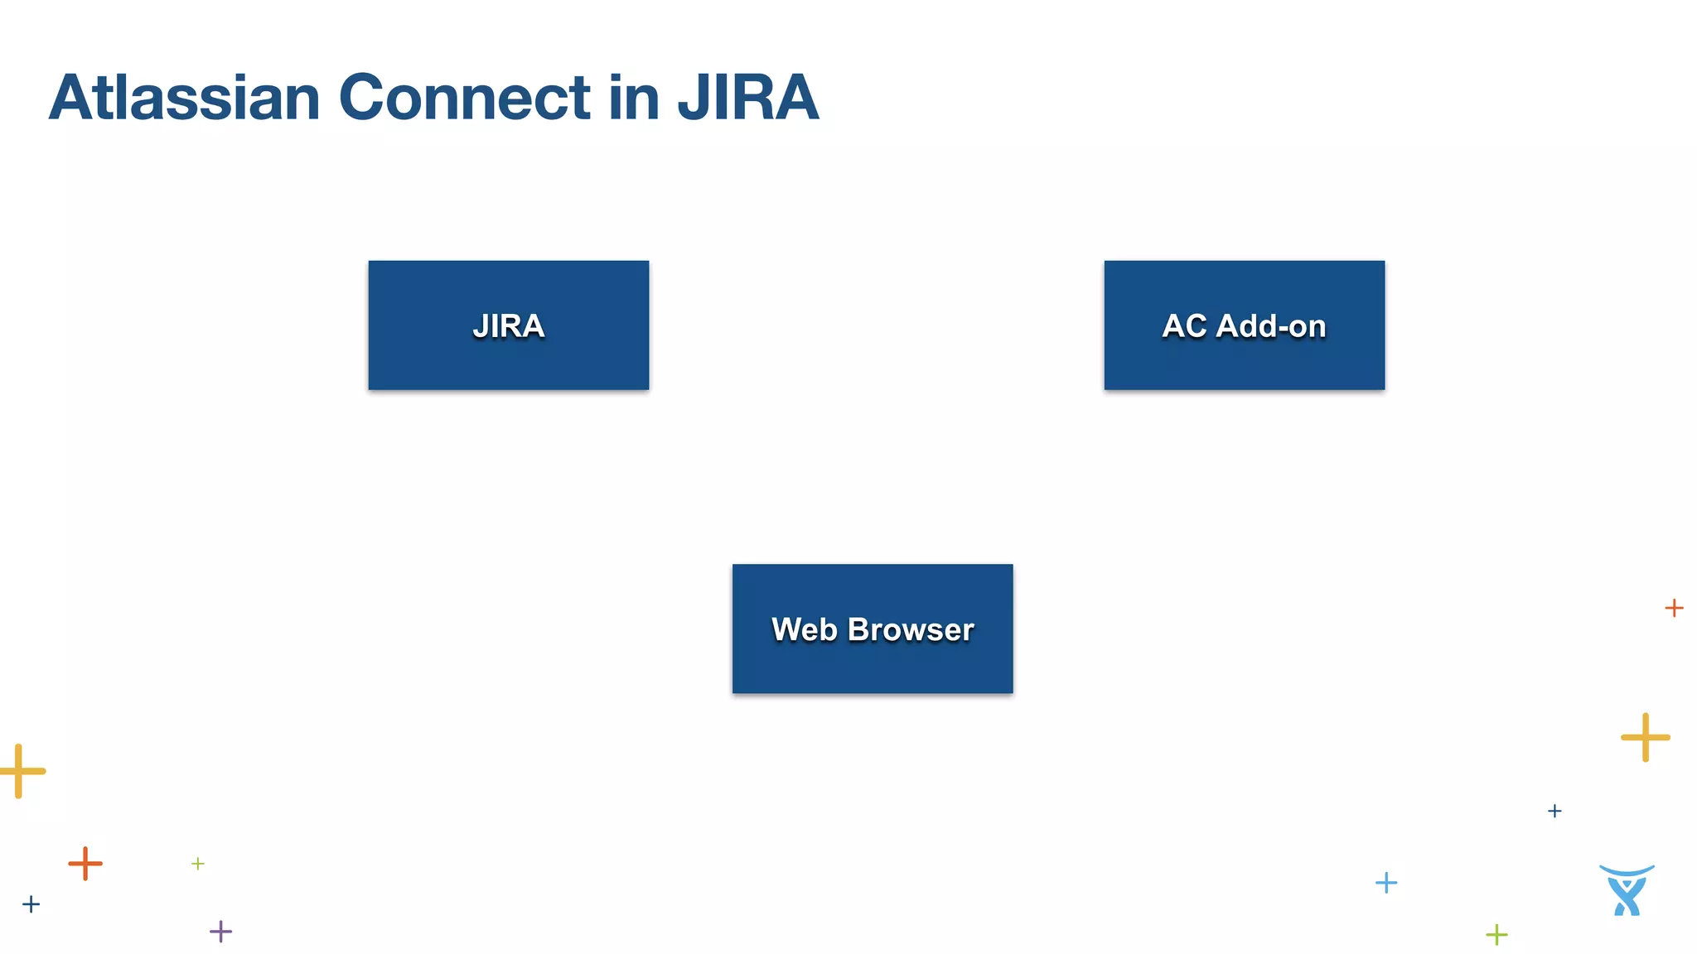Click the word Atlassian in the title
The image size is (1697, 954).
184,98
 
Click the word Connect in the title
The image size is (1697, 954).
464,98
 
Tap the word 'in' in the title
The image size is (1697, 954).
634,98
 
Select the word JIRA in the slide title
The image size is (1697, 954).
747,98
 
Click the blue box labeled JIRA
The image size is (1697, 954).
508,356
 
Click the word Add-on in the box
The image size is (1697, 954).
1271,325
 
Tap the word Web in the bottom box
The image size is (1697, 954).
804,629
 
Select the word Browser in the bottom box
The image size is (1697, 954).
911,629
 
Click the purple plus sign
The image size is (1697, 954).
220,932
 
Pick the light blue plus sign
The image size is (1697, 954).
1386,883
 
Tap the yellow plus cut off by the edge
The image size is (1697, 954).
20,771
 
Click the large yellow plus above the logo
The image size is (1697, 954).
1645,737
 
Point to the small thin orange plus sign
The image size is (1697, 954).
1674,608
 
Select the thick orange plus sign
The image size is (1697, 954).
85,864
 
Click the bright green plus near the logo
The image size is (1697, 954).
1496,935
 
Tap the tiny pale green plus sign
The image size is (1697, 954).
198,864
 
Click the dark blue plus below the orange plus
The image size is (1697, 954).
31,904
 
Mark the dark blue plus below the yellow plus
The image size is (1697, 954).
1554,811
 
